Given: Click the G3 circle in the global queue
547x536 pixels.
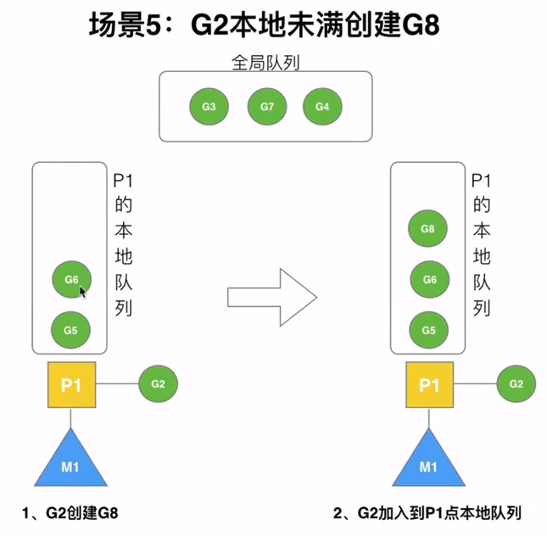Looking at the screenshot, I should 208,108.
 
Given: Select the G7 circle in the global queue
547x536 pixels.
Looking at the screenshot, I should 265,108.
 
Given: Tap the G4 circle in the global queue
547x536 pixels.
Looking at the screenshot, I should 321,108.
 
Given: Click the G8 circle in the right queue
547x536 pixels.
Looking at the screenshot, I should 429,230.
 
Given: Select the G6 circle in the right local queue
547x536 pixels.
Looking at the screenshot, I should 429,279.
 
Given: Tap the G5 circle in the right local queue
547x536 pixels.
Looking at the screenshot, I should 429,328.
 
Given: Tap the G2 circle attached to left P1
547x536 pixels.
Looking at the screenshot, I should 159,383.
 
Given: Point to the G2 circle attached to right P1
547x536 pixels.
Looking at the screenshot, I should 516,383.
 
